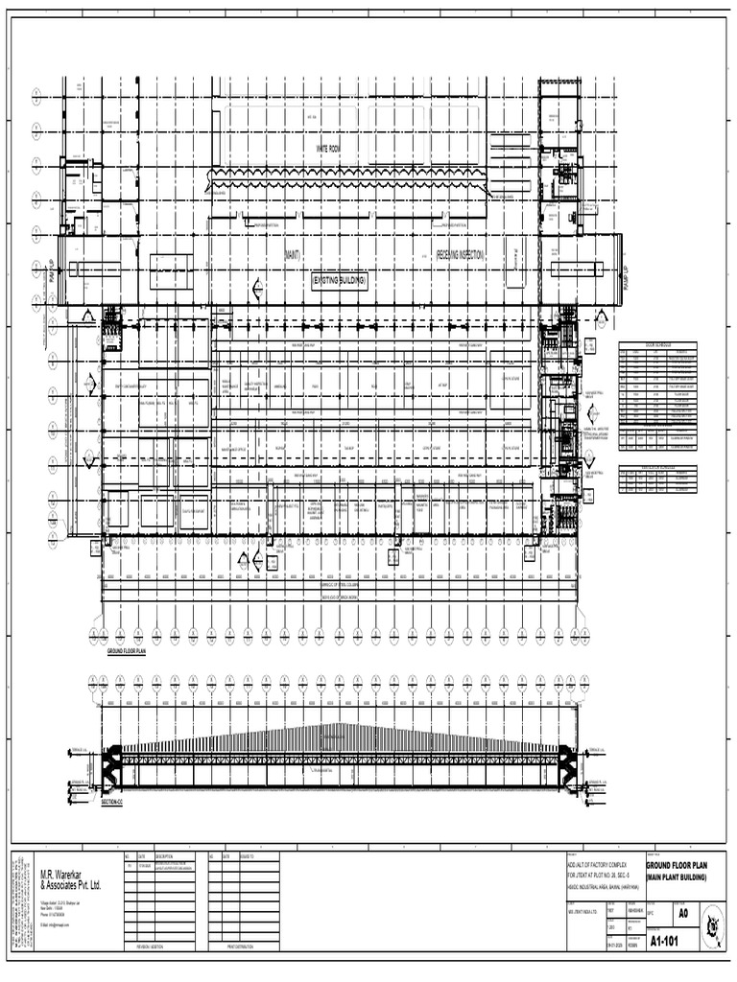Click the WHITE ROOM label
pos(328,148)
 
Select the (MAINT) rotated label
pos(291,255)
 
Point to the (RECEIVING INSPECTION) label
pos(462,255)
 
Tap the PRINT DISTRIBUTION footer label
pos(245,947)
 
